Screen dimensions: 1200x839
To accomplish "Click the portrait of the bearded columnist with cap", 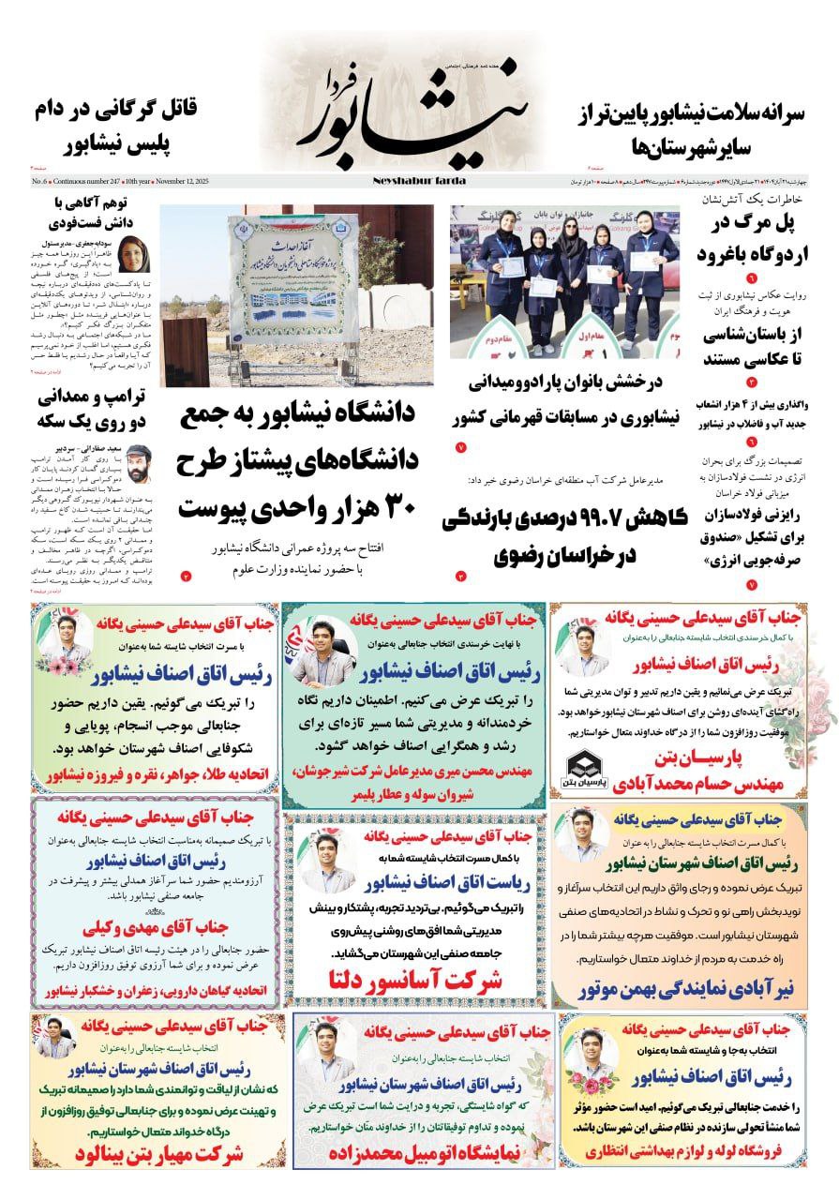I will (144, 463).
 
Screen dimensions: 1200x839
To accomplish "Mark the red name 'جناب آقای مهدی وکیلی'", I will (152, 927).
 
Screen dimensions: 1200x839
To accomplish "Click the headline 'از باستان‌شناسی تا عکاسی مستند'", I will (752, 346).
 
